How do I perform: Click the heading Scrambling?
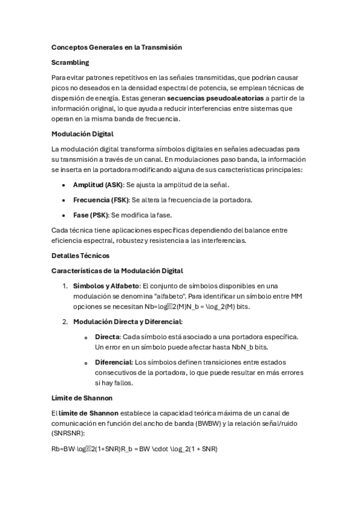coord(70,62)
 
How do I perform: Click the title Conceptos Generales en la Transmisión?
coord(117,47)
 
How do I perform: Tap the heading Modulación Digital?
coord(82,134)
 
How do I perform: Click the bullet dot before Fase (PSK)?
coord(63,215)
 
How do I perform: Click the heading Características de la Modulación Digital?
coord(117,271)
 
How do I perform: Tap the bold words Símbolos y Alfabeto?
coord(106,286)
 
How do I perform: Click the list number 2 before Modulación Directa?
coord(65,322)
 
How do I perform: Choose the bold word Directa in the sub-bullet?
coord(108,336)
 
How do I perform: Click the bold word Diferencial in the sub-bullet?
coord(113,362)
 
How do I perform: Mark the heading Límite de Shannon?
coord(82,398)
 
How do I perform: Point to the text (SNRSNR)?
coord(69,433)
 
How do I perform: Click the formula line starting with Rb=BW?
coord(135,449)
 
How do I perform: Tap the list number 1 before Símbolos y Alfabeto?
coord(65,286)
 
